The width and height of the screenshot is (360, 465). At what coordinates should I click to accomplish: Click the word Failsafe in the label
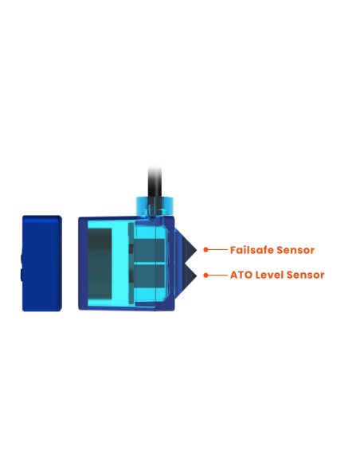click(252, 250)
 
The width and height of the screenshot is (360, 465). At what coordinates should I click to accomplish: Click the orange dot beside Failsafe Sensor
click(205, 250)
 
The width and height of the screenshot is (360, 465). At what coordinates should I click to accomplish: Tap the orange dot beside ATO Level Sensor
click(205, 275)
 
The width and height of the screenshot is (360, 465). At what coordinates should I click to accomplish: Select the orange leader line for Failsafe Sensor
click(217, 250)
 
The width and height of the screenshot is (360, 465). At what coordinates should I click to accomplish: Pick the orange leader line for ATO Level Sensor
click(217, 275)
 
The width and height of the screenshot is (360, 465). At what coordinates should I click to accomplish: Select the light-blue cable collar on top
click(155, 206)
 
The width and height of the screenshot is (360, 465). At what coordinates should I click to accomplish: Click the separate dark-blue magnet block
click(42, 264)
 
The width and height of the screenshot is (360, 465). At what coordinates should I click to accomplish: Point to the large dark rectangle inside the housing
click(100, 264)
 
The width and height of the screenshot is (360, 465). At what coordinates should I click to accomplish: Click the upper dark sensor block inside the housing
click(149, 251)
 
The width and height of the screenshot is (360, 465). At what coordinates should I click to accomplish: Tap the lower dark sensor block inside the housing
click(149, 276)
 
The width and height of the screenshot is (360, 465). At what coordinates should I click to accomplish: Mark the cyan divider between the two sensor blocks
click(149, 264)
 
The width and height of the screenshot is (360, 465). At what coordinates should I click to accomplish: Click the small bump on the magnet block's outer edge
click(22, 258)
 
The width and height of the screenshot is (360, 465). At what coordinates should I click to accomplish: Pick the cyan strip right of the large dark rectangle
click(120, 264)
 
